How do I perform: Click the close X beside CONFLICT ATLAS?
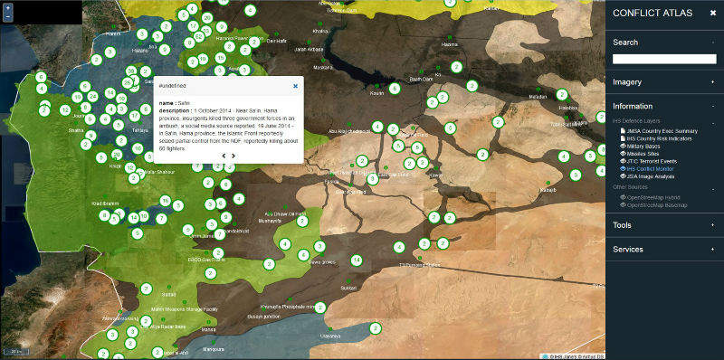tap(712, 13)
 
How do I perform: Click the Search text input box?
tap(664, 59)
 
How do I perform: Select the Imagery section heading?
tap(626, 81)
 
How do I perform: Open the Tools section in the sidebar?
tap(622, 225)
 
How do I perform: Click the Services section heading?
tap(628, 249)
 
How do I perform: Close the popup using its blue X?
tap(295, 86)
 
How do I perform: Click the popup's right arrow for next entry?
tap(233, 156)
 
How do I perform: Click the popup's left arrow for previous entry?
tap(223, 156)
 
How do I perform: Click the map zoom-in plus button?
tap(7, 6)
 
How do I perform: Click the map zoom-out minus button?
tap(7, 16)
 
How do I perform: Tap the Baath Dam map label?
tap(422, 79)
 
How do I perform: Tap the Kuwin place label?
tap(377, 92)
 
